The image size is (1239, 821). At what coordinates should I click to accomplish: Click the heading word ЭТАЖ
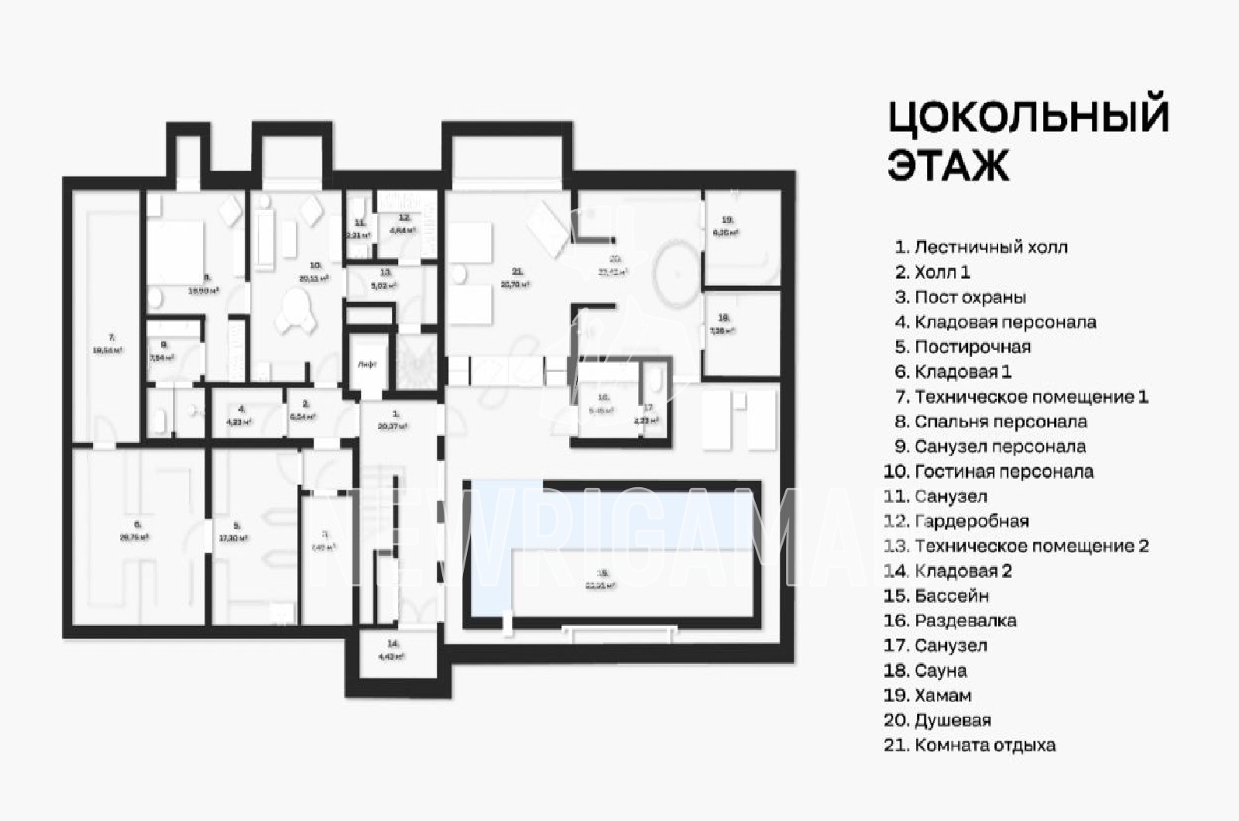tap(948, 164)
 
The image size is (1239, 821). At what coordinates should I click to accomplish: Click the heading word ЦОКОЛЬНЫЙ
tap(1028, 117)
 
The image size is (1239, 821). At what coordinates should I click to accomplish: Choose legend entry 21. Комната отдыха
tap(970, 745)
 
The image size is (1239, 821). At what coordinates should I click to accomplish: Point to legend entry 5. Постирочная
tap(963, 347)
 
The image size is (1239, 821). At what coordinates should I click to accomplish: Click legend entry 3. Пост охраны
tap(960, 297)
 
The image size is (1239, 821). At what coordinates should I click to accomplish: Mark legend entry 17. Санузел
tap(935, 645)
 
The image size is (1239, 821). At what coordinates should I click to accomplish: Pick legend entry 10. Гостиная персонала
tap(988, 472)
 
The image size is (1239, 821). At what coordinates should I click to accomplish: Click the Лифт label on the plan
tap(367, 364)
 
